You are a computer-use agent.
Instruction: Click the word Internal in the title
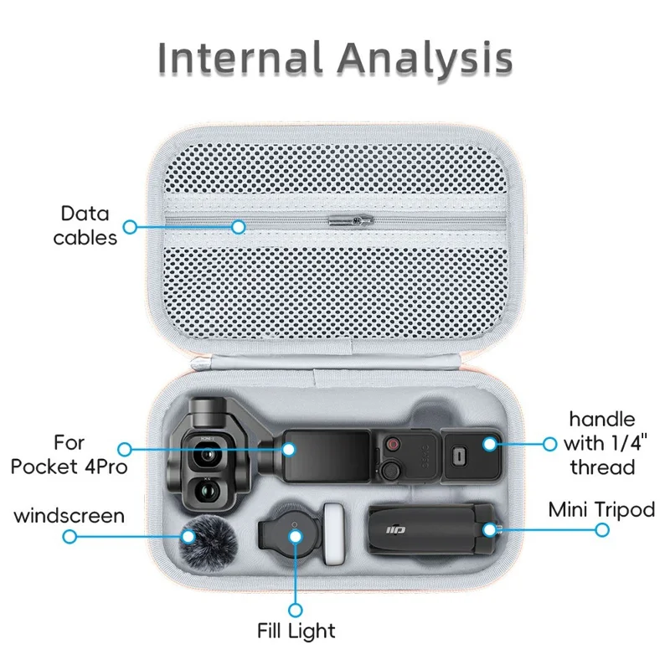(x=240, y=57)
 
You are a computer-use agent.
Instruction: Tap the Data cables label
(x=85, y=225)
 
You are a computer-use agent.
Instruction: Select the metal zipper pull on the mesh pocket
(x=351, y=220)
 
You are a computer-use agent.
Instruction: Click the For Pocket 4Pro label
(x=70, y=454)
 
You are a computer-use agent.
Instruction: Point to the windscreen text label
(x=70, y=516)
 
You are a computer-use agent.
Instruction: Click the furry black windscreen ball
(x=209, y=542)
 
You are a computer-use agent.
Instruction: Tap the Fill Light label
(x=296, y=631)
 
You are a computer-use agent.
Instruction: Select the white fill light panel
(x=333, y=534)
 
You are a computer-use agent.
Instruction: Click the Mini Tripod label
(x=601, y=509)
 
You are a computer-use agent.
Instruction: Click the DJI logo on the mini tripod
(x=396, y=530)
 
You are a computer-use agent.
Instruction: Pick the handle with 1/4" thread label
(x=602, y=443)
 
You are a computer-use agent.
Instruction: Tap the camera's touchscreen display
(x=327, y=456)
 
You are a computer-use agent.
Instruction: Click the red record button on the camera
(x=392, y=445)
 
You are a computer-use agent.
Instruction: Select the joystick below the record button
(x=390, y=471)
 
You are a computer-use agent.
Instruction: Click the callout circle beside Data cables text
(x=130, y=227)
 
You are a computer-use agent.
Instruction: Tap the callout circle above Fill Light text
(x=296, y=611)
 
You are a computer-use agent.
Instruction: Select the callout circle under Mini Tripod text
(x=602, y=530)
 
